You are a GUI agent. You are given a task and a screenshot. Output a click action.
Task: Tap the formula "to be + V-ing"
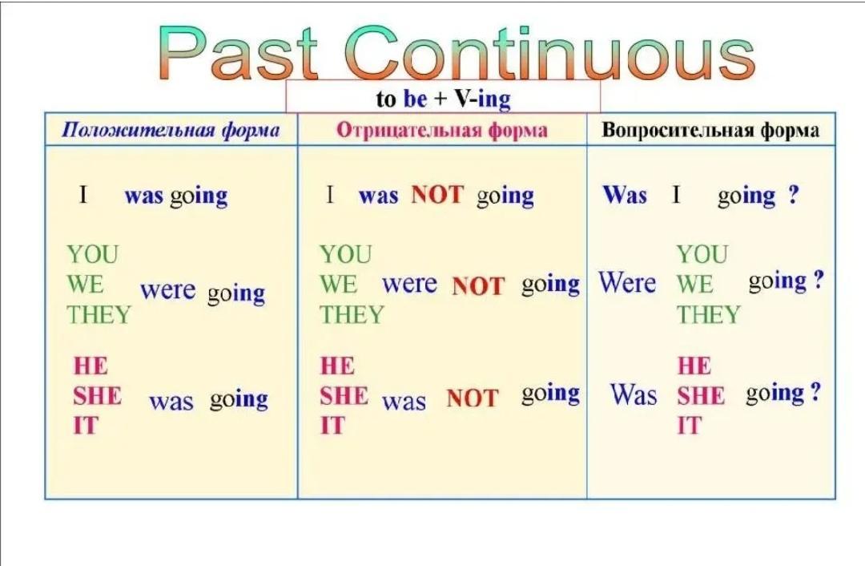[444, 99]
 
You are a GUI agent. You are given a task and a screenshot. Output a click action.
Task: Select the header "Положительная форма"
[171, 131]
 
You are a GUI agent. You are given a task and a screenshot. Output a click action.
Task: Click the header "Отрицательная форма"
[442, 131]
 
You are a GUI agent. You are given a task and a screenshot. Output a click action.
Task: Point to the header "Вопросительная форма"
[710, 131]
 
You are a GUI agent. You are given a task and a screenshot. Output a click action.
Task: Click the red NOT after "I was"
[437, 195]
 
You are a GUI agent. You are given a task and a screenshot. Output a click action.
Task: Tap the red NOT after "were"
[477, 286]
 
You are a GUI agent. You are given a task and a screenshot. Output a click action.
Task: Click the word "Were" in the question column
[628, 283]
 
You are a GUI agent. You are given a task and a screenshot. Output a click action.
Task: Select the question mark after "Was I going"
[793, 194]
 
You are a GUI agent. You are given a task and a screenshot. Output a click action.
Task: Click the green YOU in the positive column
[93, 255]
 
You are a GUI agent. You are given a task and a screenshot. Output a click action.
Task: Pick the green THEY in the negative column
[352, 315]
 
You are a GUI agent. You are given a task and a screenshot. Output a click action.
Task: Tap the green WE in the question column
[695, 285]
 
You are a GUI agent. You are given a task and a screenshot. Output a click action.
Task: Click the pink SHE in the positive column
[97, 396]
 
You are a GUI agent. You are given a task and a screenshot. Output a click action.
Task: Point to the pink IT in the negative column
[332, 426]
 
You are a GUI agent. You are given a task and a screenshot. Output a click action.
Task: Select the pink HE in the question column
[694, 366]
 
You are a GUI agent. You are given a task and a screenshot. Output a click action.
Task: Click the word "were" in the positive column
[167, 290]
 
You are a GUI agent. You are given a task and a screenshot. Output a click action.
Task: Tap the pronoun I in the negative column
[330, 194]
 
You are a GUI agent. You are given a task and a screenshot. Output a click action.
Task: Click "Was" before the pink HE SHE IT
[634, 394]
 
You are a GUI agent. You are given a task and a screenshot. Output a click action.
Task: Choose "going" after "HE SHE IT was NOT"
[550, 394]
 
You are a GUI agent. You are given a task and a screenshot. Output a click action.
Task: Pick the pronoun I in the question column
[676, 194]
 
